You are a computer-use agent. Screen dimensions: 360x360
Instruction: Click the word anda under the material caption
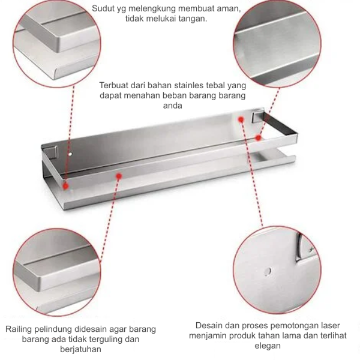173,106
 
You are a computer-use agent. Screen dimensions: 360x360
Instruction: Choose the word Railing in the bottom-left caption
20,329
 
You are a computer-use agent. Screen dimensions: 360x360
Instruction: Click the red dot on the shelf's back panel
241,119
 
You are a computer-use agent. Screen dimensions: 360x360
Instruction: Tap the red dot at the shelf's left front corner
65,187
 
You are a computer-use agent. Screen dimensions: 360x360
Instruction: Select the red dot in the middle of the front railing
119,177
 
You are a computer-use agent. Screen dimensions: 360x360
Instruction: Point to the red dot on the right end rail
259,137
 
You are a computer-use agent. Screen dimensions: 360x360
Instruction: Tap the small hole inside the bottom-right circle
266,272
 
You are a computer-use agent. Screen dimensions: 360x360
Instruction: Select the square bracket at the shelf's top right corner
258,116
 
